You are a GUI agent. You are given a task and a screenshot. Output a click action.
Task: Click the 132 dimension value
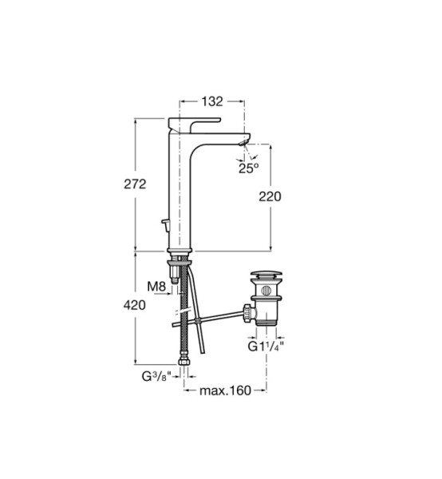(212, 101)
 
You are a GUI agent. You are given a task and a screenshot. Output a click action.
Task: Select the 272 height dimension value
(135, 184)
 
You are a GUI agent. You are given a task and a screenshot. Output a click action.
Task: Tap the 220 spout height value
(270, 196)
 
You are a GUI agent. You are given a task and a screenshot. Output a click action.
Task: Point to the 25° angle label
(248, 168)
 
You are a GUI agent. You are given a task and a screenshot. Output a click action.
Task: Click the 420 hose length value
(135, 305)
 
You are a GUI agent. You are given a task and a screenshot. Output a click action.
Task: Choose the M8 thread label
(156, 287)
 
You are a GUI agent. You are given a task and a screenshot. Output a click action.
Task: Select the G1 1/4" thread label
(266, 346)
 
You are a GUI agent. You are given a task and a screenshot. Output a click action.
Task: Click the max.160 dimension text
(225, 390)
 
